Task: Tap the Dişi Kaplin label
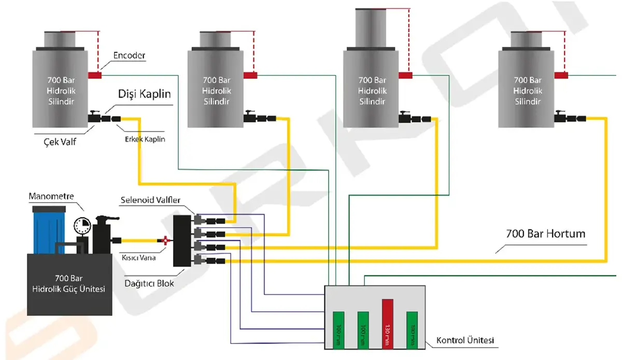coord(144,95)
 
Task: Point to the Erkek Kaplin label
coord(145,140)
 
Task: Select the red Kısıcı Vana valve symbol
coord(165,240)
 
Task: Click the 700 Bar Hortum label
coord(546,234)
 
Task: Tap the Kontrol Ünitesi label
coord(465,340)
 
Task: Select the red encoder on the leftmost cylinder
coord(94,75)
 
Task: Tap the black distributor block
coord(182,241)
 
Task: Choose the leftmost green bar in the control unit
coord(338,329)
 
